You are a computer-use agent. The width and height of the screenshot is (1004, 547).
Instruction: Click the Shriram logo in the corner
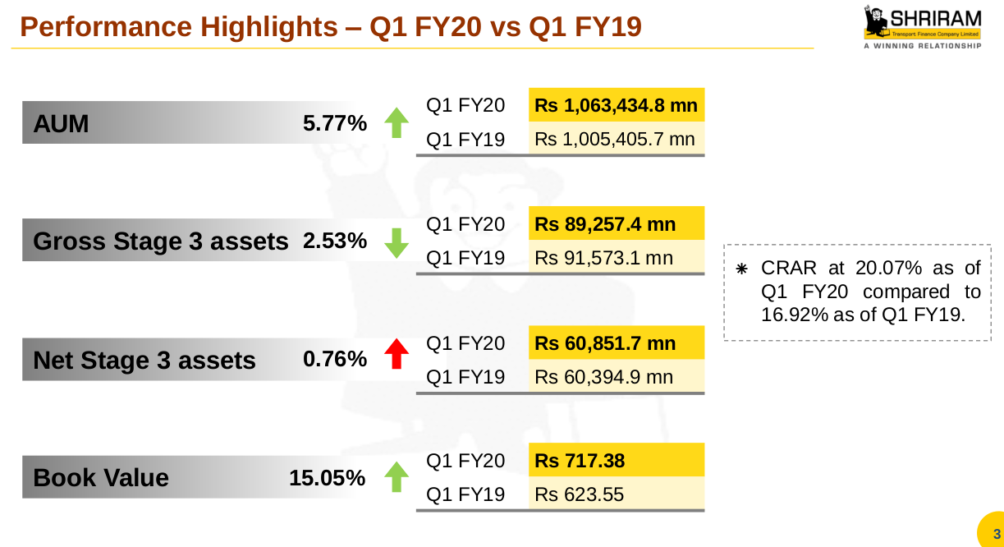pos(922,28)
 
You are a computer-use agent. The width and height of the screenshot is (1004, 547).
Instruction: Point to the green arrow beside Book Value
pos(397,476)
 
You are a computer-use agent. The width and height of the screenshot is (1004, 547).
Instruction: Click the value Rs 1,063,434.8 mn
pos(616,106)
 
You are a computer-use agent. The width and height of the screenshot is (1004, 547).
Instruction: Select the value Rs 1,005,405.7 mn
pos(616,140)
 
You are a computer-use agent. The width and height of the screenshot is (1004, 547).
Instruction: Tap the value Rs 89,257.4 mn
pos(605,224)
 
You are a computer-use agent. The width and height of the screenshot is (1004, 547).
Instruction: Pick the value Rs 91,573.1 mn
pos(603,258)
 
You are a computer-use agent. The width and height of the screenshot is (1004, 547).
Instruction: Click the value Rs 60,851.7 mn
pos(605,343)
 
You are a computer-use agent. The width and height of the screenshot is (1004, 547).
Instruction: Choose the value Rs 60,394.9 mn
pos(603,377)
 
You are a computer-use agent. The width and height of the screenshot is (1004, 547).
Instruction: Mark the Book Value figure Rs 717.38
pos(580,462)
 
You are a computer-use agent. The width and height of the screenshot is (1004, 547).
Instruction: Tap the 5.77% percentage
pos(334,125)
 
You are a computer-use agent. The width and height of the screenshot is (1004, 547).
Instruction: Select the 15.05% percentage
pos(327,478)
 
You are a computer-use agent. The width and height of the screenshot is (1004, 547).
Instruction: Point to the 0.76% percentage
pos(334,360)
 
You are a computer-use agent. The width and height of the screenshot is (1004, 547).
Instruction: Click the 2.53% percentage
pos(334,241)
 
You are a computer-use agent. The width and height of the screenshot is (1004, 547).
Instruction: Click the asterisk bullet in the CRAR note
pos(741,269)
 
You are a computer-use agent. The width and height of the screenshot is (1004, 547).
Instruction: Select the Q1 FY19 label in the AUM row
pos(465,140)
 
